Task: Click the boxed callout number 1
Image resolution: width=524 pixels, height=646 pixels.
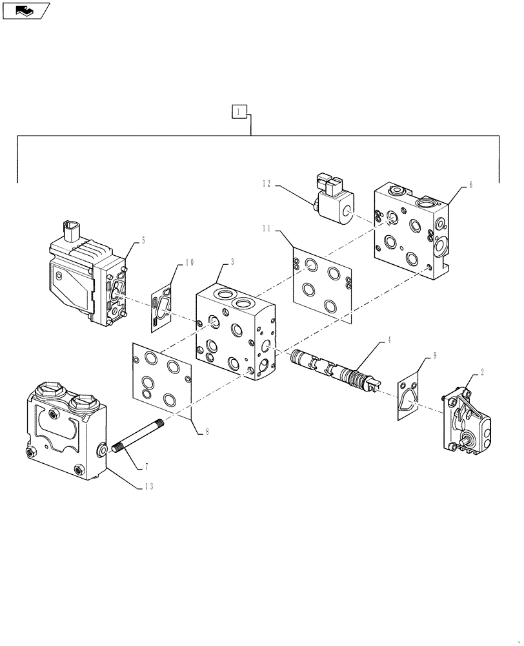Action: [239, 112]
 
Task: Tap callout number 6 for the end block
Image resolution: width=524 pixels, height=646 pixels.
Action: [470, 185]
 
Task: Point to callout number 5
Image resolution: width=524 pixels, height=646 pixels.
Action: [143, 240]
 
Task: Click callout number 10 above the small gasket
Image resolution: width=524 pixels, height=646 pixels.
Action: [188, 262]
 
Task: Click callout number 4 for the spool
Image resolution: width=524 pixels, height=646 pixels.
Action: [388, 340]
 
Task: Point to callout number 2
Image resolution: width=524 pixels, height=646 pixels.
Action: [482, 373]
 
